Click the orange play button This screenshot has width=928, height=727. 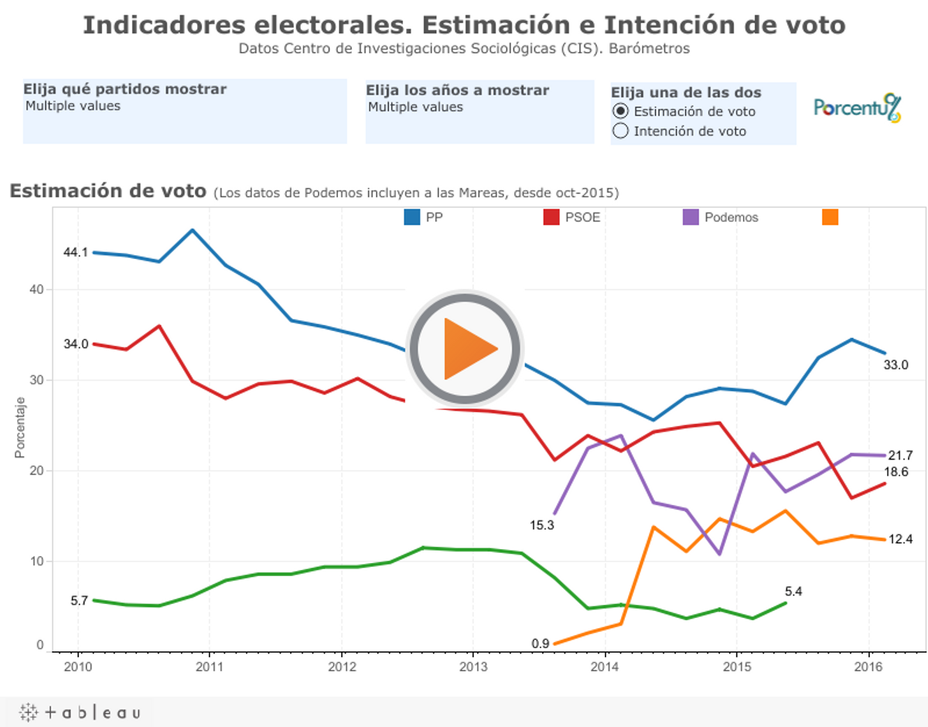tap(466, 348)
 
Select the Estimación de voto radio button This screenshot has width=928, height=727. tap(620, 111)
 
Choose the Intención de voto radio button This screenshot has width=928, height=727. tap(620, 131)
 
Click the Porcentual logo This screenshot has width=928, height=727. tap(857, 108)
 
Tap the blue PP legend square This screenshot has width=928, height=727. tap(412, 217)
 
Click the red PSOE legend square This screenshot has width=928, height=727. tap(551, 217)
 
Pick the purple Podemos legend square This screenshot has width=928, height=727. tap(691, 217)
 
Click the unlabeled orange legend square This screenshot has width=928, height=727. tap(830, 217)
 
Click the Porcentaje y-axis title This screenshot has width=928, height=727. tap(21, 427)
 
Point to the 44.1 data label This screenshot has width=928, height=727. tap(76, 253)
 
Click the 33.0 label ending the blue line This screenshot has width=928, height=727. tap(896, 365)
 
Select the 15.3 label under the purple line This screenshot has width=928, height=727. tap(541, 525)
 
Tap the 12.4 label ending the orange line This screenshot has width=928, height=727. tap(900, 539)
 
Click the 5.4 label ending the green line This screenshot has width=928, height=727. tap(793, 592)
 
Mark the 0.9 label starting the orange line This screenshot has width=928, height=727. tap(541, 643)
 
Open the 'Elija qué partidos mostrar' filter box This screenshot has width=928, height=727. tap(185, 112)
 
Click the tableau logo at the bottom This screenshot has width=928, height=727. tap(80, 712)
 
